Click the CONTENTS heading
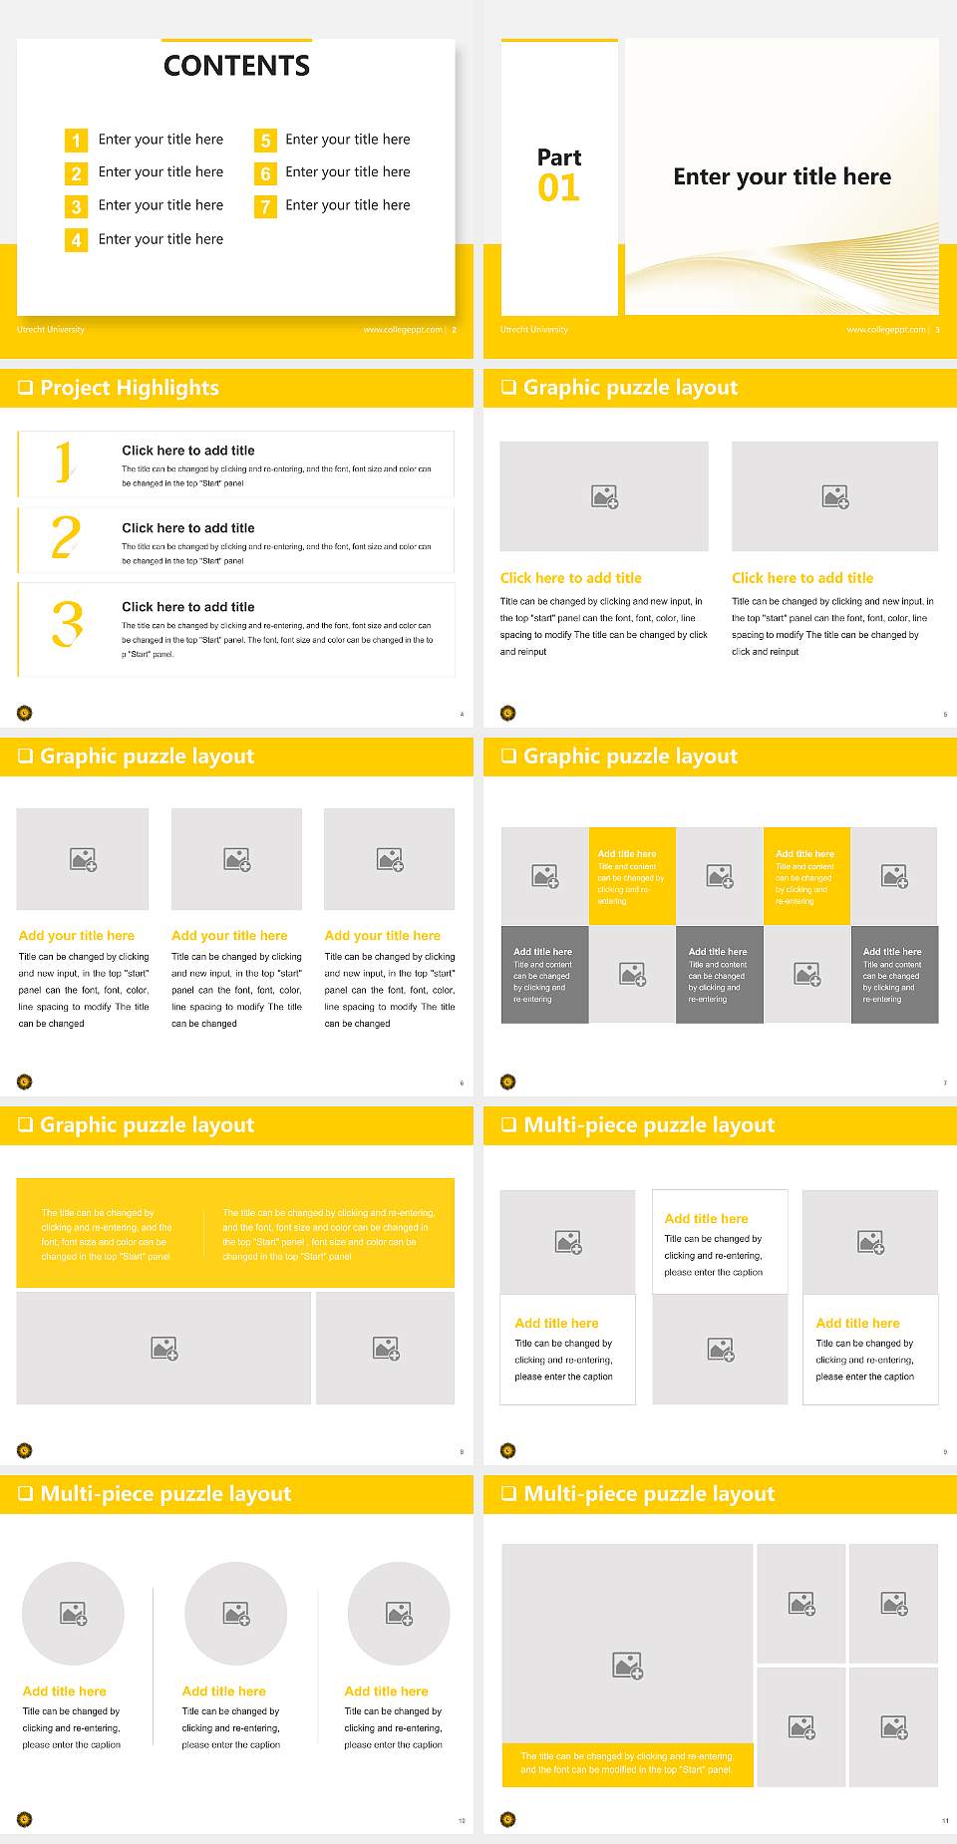[236, 66]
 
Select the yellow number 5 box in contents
[265, 141]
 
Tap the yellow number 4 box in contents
[76, 240]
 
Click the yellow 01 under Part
[558, 188]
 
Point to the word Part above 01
[559, 157]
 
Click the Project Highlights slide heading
[130, 388]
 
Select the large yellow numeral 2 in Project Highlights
[66, 537]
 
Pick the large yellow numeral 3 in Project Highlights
[67, 625]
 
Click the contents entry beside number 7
[347, 205]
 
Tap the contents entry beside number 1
[160, 140]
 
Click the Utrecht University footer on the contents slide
[51, 330]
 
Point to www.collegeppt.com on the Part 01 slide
[885, 330]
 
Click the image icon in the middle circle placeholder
[236, 1613]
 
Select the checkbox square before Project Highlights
[25, 388]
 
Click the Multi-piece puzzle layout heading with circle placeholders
[165, 1493]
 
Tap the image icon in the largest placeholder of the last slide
[627, 1665]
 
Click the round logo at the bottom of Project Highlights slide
[25, 713]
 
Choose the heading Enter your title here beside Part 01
[782, 177]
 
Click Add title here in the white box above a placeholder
[706, 1218]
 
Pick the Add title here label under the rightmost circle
[386, 1691]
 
